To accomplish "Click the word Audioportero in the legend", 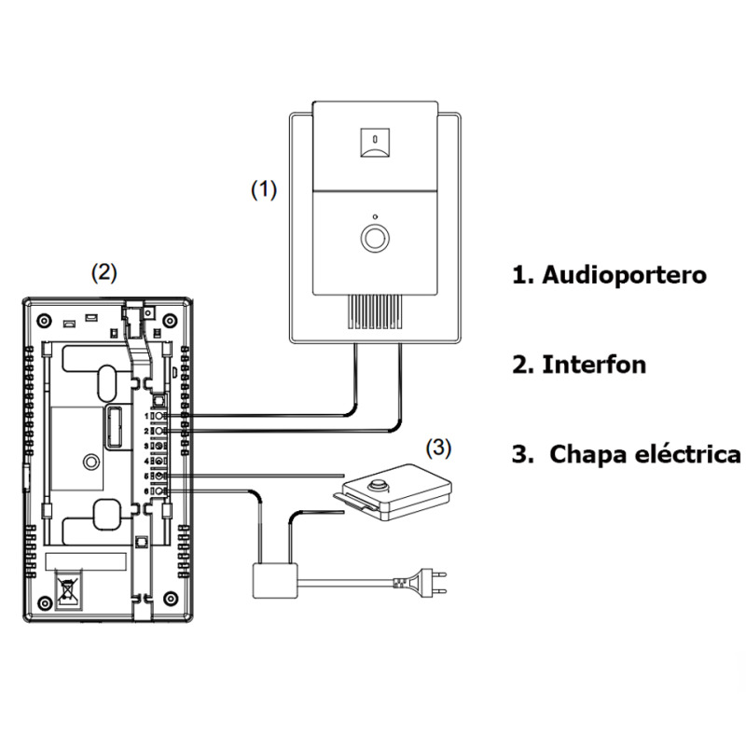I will pos(624,276).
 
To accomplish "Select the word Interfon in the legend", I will pos(593,365).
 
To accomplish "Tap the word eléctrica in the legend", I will pos(692,455).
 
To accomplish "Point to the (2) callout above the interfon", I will pos(104,272).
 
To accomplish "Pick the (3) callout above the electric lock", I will pos(438,449).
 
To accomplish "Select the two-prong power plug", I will pos(421,583).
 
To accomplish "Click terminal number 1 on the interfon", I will pos(160,417).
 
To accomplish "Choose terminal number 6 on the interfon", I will pos(160,491).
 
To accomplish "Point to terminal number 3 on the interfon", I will pos(160,446).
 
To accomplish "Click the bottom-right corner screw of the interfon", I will pos(169,597).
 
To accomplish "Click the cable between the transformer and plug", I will pos(345,583).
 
